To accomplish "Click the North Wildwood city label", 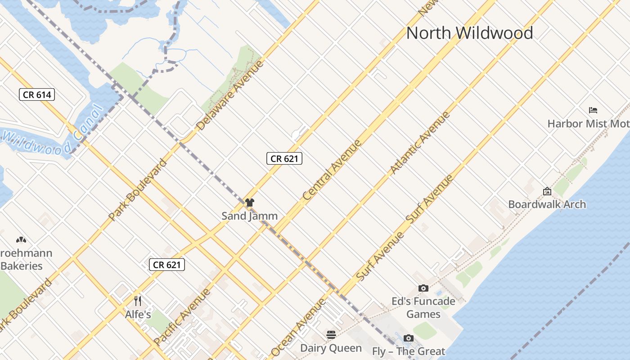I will coord(469,33).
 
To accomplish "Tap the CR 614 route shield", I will coord(37,94).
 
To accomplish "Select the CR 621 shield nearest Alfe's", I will coord(166,265).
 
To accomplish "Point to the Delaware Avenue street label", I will coord(230,95).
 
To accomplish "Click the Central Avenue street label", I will coord(332,170).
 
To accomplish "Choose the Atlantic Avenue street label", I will coord(420,142).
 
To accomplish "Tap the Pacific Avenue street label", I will coord(182,317).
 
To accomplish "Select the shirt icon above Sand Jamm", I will coord(250,202).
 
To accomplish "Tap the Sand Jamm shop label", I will coord(250,216).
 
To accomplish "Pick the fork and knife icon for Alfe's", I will coord(138,301).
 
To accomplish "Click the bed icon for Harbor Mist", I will coord(593,110).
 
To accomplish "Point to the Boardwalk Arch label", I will coord(547,204).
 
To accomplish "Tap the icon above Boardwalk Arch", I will coord(547,192).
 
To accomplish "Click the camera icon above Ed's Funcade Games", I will coord(423,288).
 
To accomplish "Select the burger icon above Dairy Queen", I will coord(331,334).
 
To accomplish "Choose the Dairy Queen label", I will coord(331,348).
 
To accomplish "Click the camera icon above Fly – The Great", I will coord(408,338).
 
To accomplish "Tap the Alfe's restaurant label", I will coord(138,314).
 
